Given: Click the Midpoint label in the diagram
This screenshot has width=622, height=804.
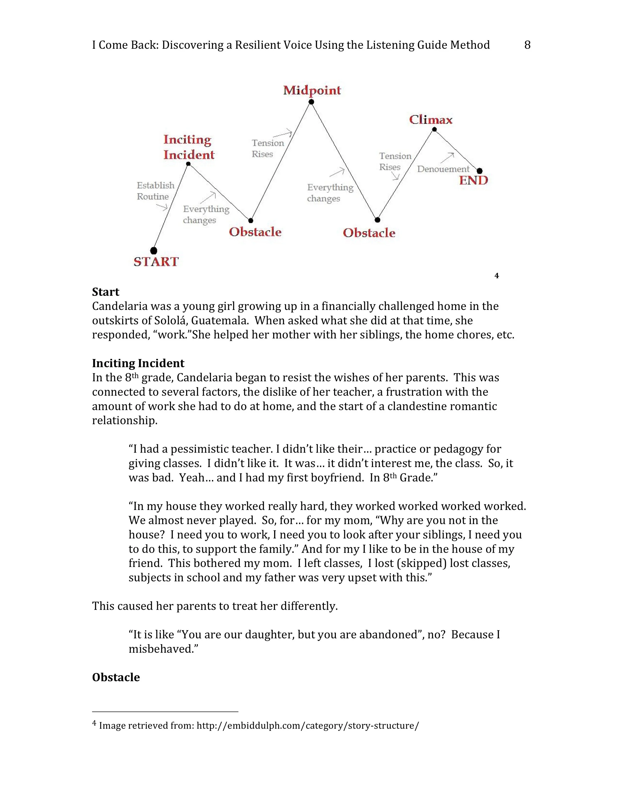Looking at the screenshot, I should click(312, 90).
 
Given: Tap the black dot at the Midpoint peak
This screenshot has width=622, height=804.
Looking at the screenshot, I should click(311, 102).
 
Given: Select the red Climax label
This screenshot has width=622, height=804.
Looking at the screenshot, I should click(431, 120).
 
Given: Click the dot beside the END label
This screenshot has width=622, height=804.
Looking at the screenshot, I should click(479, 171).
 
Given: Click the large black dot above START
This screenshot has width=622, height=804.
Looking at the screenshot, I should click(154, 251).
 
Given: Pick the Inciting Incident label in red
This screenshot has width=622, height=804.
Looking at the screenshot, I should click(189, 147).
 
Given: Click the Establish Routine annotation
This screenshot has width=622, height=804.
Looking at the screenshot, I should click(155, 191).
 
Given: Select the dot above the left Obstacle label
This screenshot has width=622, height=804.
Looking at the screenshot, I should click(251, 220).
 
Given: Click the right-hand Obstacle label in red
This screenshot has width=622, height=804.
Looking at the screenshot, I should click(369, 233).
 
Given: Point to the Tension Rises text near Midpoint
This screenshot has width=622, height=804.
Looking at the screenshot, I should click(267, 148).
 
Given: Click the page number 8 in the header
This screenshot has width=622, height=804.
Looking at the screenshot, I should click(527, 45).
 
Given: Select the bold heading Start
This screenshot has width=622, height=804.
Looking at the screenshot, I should click(105, 292).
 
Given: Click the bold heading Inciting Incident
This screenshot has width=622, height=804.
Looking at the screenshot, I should click(138, 363).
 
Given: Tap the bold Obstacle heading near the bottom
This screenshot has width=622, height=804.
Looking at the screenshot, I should click(116, 677).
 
